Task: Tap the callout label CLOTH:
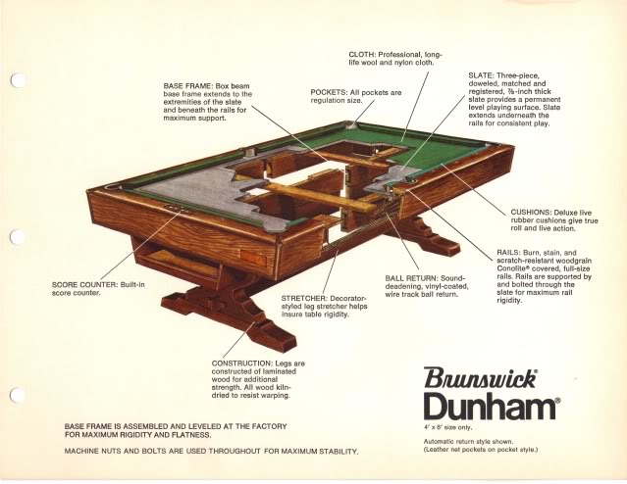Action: [367, 54]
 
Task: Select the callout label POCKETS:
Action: [329, 92]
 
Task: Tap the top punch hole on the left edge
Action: [16, 82]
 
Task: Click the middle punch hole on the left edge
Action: [15, 239]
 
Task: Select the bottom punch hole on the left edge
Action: [16, 395]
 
